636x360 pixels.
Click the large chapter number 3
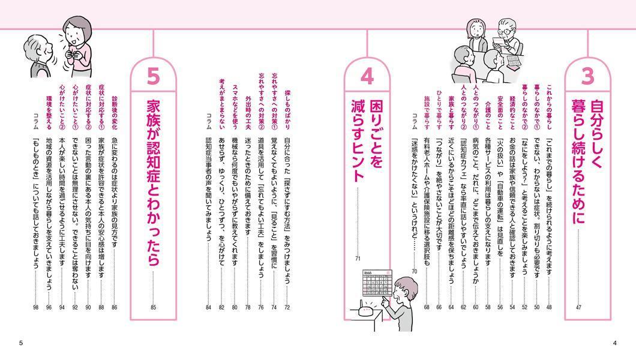point(587,77)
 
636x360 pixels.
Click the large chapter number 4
point(367,77)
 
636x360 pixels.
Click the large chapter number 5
point(154,77)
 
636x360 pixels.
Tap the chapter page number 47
point(578,307)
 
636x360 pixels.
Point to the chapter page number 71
point(358,259)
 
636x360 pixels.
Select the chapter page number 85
point(153,307)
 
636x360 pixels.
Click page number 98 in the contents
point(35,307)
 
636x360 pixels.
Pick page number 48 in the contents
point(549,307)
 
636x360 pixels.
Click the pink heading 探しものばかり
point(287,110)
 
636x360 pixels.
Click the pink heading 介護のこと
point(488,116)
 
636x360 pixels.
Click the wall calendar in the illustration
point(377,283)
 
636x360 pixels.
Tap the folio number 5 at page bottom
point(21,343)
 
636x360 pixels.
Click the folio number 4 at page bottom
point(614,343)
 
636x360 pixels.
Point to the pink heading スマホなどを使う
point(235,107)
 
